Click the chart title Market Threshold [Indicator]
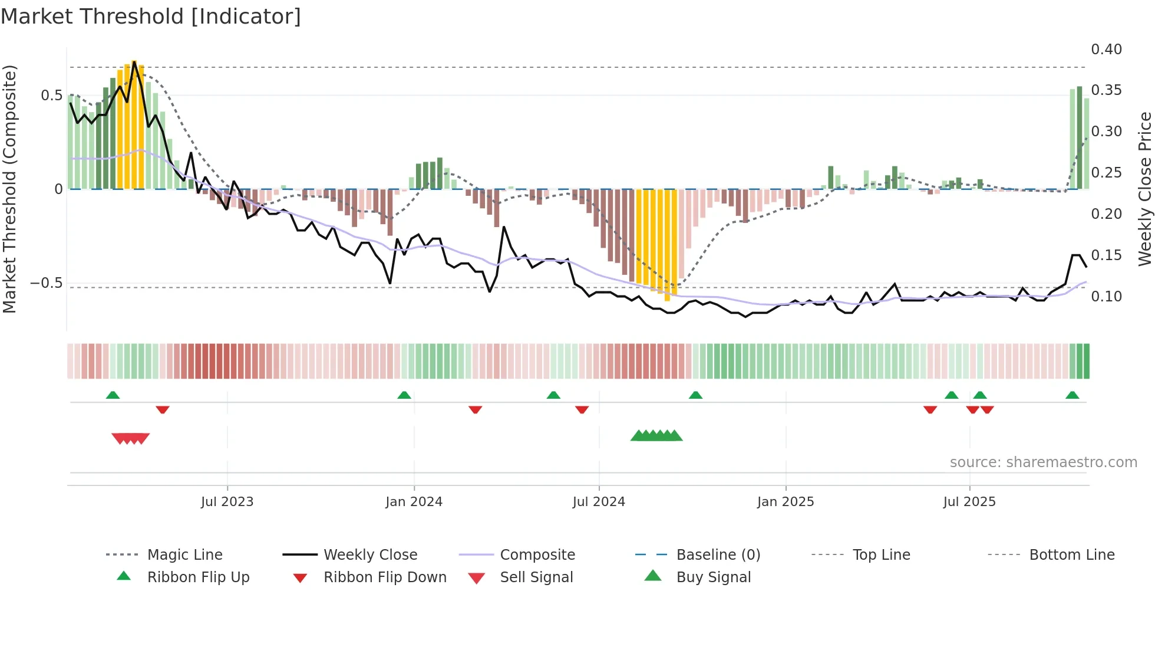pyautogui.click(x=151, y=17)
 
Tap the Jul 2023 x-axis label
pyautogui.click(x=227, y=502)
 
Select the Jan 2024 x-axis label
pyautogui.click(x=414, y=502)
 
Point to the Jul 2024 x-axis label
pyautogui.click(x=599, y=502)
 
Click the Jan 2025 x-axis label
pyautogui.click(x=786, y=502)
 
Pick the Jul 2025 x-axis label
pyautogui.click(x=969, y=502)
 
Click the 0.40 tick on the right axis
pyautogui.click(x=1106, y=50)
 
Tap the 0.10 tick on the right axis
pyautogui.click(x=1106, y=297)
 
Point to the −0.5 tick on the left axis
pyautogui.click(x=47, y=283)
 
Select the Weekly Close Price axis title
pyautogui.click(x=1144, y=189)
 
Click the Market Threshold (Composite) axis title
pyautogui.click(x=9, y=189)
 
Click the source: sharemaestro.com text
pyautogui.click(x=1043, y=462)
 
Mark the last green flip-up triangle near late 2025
pyautogui.click(x=1072, y=395)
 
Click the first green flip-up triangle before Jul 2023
pyautogui.click(x=113, y=395)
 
